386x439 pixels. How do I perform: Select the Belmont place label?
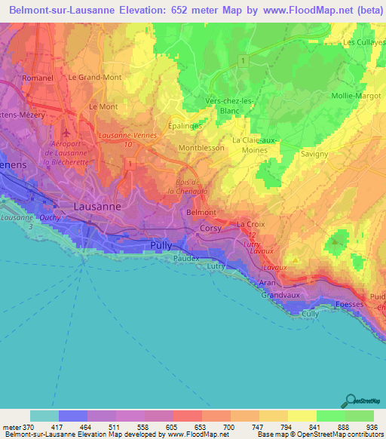pos(201,213)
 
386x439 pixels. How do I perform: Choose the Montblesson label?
pos(201,148)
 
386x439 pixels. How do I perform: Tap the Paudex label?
pos(186,258)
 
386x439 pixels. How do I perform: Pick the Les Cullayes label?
pos(363,43)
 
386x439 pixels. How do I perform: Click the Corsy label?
pos(210,229)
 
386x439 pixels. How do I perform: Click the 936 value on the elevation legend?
pos(372,427)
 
